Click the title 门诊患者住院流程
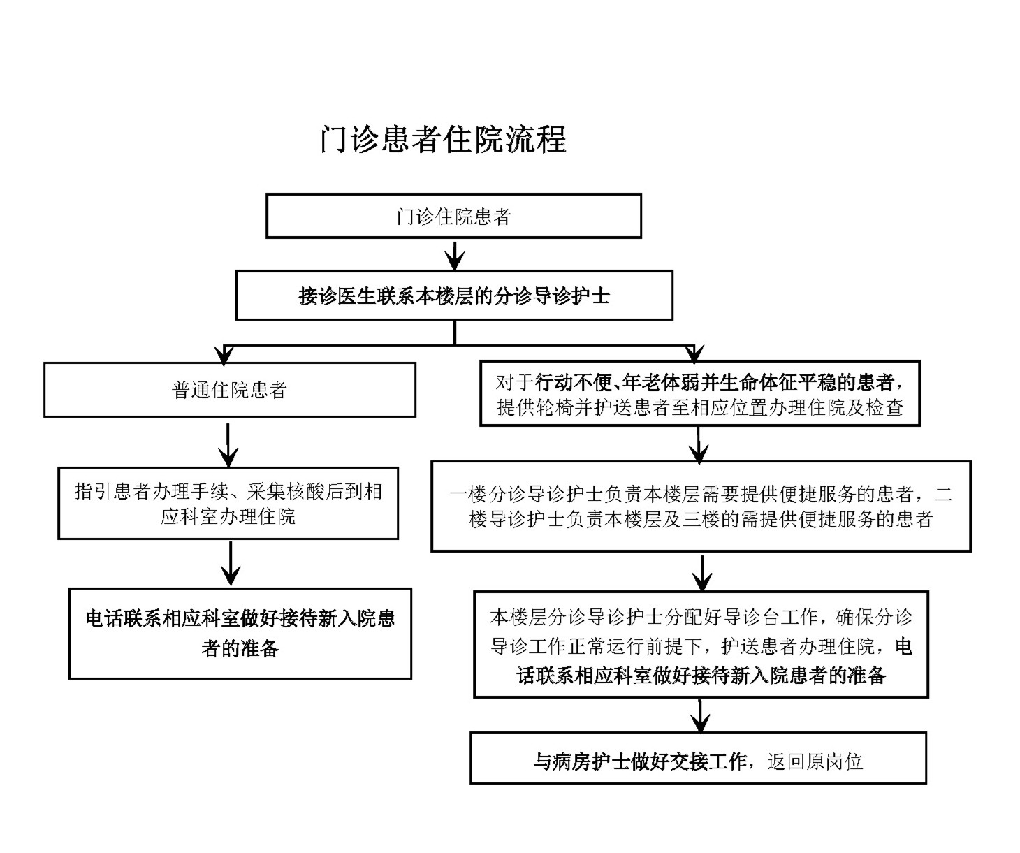pos(443,139)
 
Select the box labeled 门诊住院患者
pos(453,217)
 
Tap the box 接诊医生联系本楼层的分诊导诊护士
pos(453,296)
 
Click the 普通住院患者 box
pos(229,390)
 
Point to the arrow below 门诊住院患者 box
pos(455,255)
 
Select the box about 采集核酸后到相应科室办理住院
pos(228,504)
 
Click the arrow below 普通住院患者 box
pos(228,444)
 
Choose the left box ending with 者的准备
pos(240,634)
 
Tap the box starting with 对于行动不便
pos(699,394)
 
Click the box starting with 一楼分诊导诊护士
pos(701,506)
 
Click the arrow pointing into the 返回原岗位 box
pos(699,715)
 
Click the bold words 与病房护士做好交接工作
pos(640,761)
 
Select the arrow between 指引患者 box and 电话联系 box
pos(230,564)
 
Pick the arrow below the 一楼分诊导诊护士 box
pos(702,573)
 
